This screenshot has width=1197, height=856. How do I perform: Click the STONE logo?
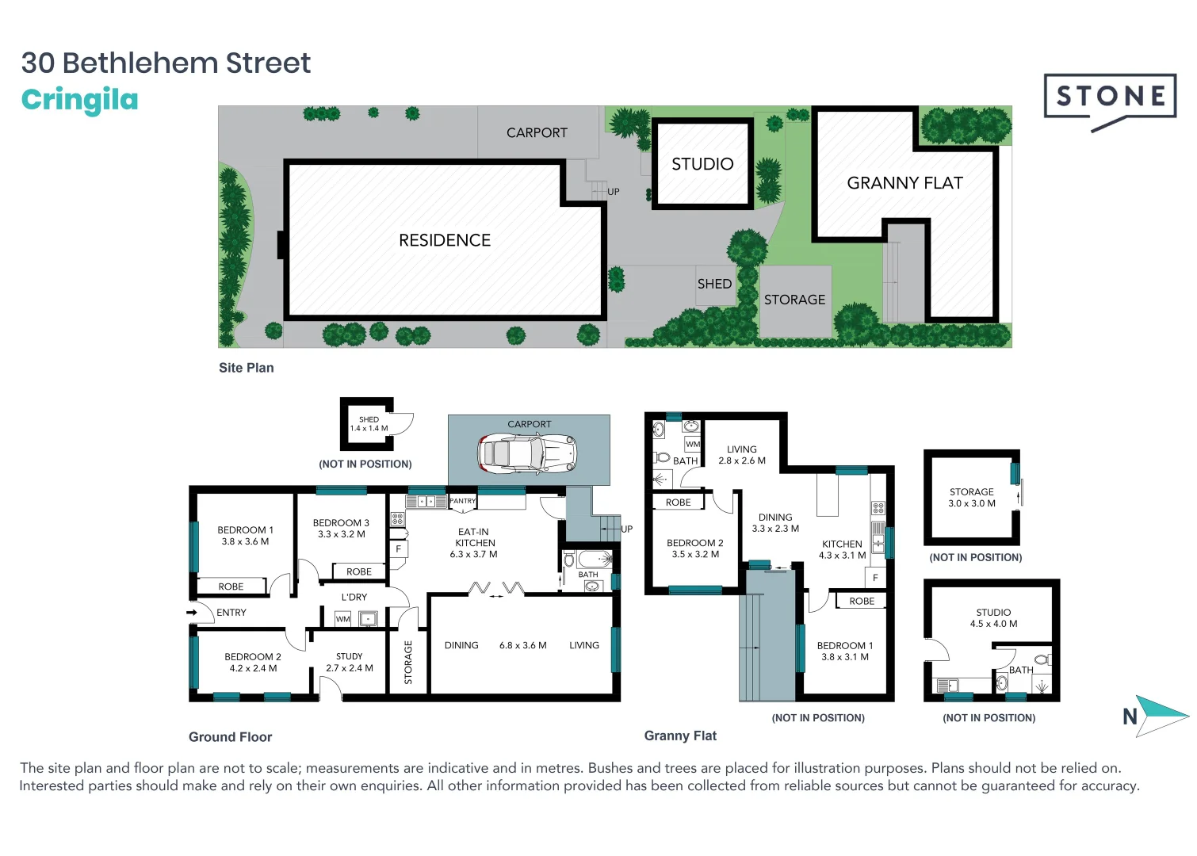(x=1111, y=101)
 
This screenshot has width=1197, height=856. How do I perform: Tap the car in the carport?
(x=527, y=454)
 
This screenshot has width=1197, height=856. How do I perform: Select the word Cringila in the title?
(x=79, y=99)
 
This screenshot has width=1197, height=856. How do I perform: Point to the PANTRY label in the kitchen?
(x=462, y=501)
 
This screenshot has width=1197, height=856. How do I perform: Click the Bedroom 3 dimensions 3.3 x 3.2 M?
(x=342, y=533)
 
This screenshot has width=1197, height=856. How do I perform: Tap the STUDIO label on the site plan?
(x=702, y=164)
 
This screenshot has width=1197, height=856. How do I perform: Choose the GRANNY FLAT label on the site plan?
(x=904, y=183)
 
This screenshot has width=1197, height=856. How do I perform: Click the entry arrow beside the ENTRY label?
(x=191, y=613)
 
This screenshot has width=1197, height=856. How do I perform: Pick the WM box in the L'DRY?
(x=342, y=619)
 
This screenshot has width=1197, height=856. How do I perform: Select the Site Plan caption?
(x=247, y=368)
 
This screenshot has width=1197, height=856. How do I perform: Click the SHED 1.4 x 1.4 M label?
(x=369, y=424)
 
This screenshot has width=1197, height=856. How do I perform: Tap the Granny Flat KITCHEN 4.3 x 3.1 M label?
(x=842, y=549)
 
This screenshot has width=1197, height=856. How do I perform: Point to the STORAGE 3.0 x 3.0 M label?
(x=972, y=498)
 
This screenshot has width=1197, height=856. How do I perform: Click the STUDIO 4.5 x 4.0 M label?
(x=993, y=617)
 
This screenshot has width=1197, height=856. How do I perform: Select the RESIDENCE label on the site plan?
(x=445, y=240)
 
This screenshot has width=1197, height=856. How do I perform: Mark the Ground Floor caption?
(x=231, y=737)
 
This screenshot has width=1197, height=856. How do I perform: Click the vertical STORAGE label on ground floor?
(x=408, y=663)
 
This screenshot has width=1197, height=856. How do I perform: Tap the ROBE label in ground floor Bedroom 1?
(x=231, y=587)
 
